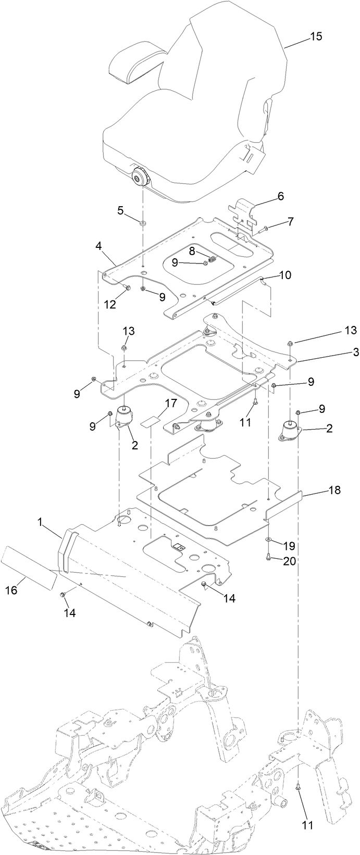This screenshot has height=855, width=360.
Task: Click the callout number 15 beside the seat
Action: (x=316, y=36)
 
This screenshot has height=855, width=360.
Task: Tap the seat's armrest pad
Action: (x=136, y=62)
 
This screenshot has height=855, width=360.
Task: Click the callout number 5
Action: (x=120, y=211)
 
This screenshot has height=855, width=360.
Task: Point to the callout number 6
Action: (x=280, y=196)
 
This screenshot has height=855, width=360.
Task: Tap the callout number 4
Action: (x=99, y=245)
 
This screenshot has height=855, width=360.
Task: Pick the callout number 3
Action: (x=341, y=352)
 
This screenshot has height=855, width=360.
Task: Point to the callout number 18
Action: (x=334, y=491)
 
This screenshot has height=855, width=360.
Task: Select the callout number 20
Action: (x=289, y=560)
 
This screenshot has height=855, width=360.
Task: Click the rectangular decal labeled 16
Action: (x=29, y=568)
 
